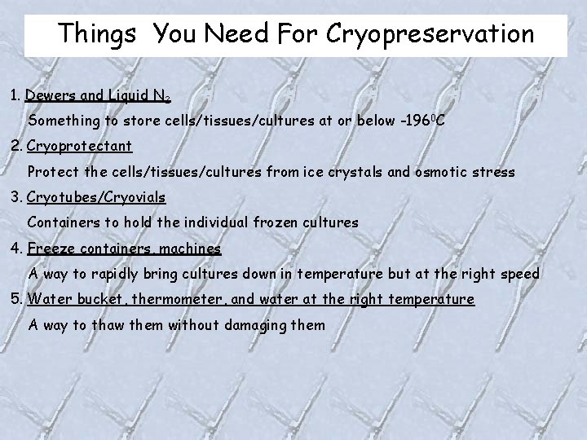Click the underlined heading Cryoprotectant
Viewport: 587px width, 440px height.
click(x=79, y=147)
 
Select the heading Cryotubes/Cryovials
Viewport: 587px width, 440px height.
click(x=96, y=197)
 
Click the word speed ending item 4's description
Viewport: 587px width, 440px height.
click(x=519, y=273)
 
